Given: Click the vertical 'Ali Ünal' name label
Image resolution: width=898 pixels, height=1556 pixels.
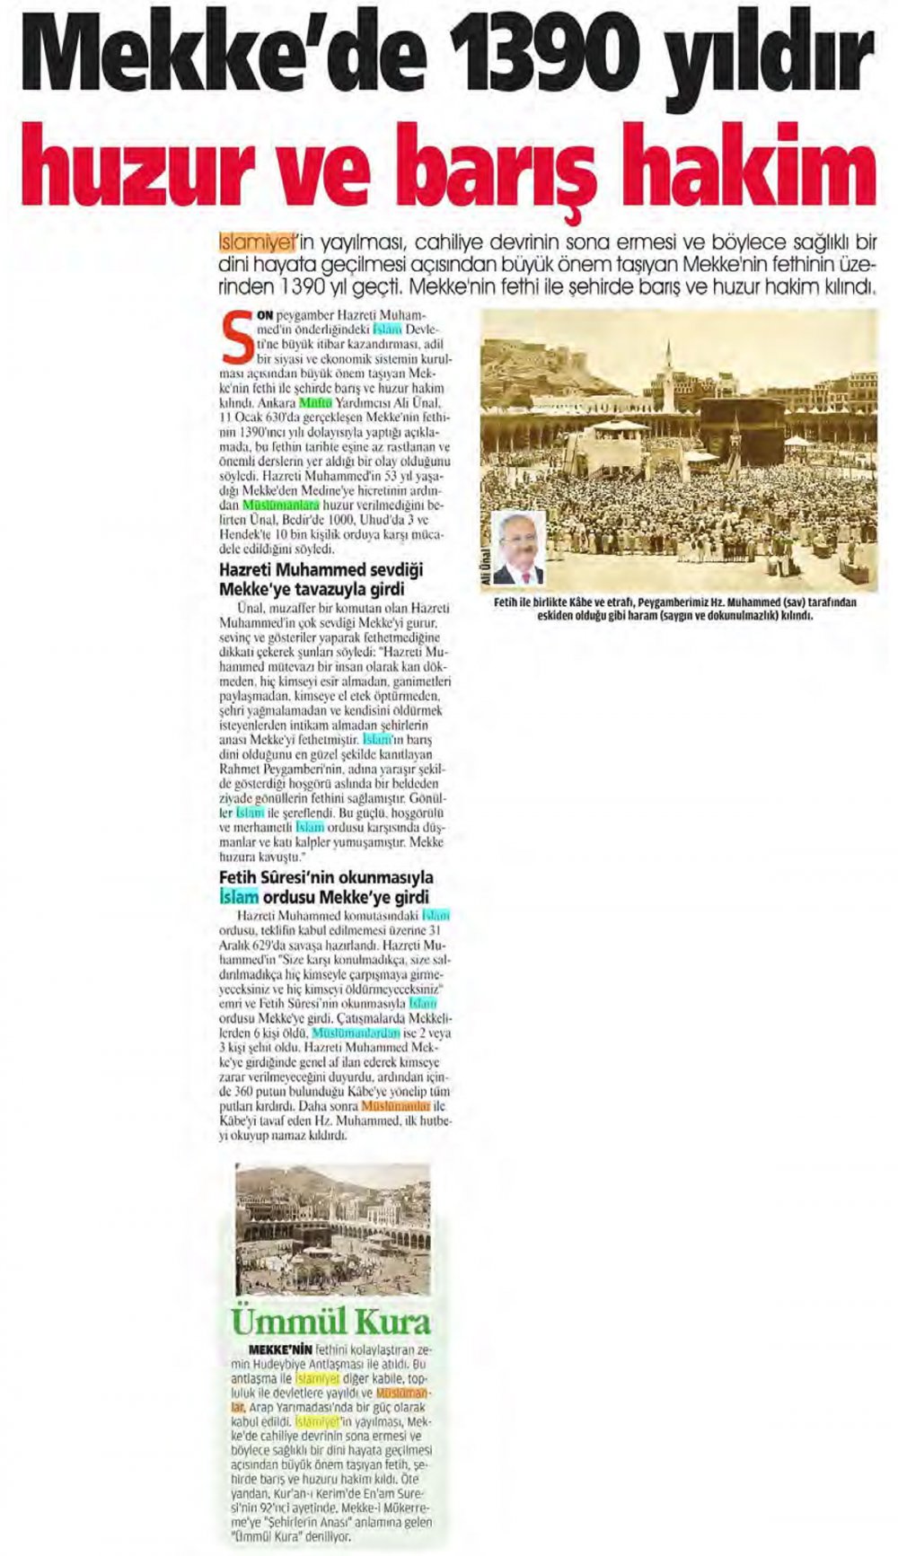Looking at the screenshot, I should (x=487, y=563).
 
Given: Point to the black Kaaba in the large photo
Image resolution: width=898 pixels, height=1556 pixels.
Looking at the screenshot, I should (x=755, y=428).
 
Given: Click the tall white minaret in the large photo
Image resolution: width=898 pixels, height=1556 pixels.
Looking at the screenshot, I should (x=668, y=377).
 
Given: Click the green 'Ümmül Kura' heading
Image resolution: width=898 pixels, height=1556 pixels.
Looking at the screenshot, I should (x=331, y=1321).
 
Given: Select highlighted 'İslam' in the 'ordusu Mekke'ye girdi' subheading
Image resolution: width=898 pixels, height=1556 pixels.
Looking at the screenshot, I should (x=239, y=896).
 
